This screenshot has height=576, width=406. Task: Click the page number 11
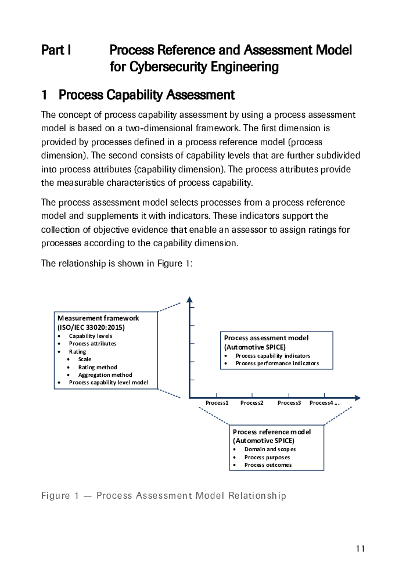(x=360, y=549)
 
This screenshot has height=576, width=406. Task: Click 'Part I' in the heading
(x=56, y=50)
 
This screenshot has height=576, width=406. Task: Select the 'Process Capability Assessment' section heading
(x=146, y=95)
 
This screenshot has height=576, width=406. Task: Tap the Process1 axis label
(x=217, y=403)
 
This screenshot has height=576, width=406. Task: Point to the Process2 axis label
(x=251, y=403)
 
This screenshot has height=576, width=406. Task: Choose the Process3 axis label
(x=289, y=403)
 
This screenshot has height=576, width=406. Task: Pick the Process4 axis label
(x=325, y=403)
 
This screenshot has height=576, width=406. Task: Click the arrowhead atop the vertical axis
(x=189, y=300)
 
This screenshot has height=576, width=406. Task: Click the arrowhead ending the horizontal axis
(x=357, y=398)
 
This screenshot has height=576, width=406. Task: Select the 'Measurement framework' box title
(x=98, y=318)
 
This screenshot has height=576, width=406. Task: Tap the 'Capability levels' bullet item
(x=91, y=336)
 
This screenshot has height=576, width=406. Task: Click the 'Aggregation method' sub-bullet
(x=105, y=375)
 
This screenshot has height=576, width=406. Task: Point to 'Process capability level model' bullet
(x=109, y=383)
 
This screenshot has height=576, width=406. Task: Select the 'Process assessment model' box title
(x=267, y=338)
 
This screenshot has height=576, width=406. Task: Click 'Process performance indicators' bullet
(x=278, y=363)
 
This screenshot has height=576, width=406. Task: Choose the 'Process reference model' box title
(x=272, y=432)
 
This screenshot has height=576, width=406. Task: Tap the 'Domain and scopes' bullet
(x=270, y=449)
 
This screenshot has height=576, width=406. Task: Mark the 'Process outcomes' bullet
(x=268, y=465)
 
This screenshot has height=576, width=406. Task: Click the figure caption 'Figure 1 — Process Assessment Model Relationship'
(x=163, y=496)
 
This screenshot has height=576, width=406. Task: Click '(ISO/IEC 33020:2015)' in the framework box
(x=91, y=327)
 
